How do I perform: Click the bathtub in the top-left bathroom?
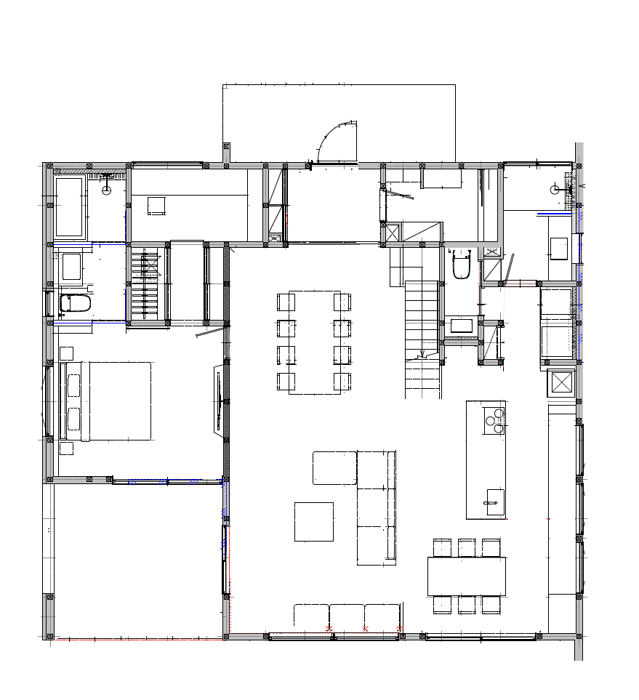(69, 207)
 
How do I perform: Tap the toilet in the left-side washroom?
(74, 303)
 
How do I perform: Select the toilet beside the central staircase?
(462, 265)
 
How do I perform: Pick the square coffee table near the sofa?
(313, 522)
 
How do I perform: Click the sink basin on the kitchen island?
(494, 502)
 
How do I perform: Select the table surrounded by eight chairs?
(314, 342)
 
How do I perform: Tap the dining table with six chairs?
(466, 576)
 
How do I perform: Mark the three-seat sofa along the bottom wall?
(347, 615)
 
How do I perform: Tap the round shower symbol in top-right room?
(555, 190)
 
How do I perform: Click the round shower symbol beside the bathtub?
(107, 190)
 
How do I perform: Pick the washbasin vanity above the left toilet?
(71, 266)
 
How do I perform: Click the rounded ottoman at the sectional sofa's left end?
(334, 467)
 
